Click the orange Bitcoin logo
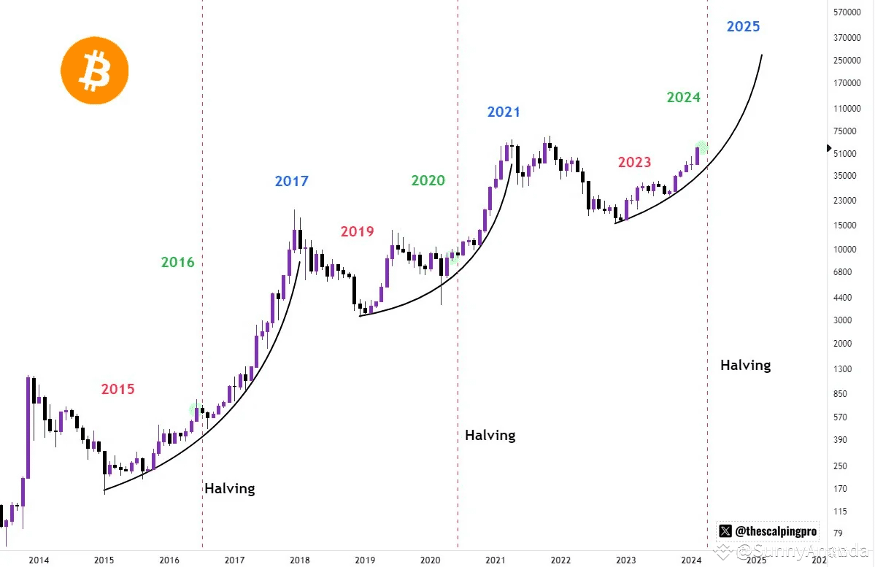95,72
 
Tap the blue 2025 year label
743,27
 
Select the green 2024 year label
683,97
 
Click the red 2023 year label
634,162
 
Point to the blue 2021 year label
504,112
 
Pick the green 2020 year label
428,180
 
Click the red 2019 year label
357,231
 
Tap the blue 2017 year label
291,181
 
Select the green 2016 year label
177,261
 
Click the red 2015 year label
117,389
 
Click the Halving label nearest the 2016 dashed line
229,488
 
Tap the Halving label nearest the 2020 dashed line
490,435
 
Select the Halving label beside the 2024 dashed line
745,365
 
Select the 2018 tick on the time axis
299,560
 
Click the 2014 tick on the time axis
39,560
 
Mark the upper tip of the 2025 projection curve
762,55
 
